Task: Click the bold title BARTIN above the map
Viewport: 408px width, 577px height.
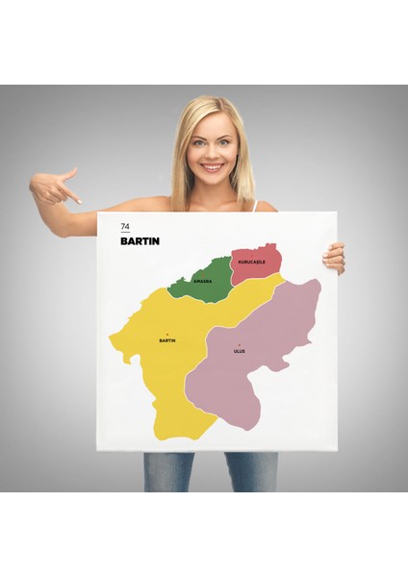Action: point(140,241)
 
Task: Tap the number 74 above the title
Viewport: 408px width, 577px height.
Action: point(124,227)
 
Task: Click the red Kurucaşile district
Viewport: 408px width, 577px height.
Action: point(255,262)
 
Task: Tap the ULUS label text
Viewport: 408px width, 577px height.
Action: point(240,352)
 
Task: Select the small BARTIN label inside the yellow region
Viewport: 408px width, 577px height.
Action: point(167,340)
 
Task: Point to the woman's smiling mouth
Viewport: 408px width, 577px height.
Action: point(211,165)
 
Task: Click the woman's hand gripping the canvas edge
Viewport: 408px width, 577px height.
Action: point(334,257)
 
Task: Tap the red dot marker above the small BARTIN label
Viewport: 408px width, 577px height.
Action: point(167,334)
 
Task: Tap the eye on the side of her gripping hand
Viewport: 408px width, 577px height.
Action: point(224,139)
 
